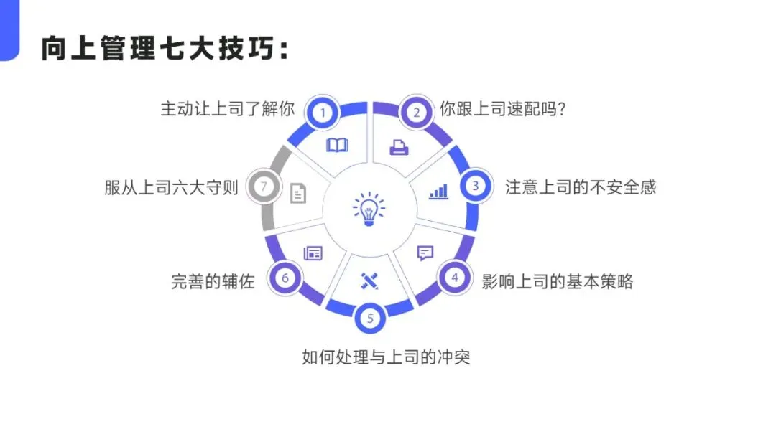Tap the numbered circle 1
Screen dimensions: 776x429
(323, 112)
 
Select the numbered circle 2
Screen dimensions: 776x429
(416, 112)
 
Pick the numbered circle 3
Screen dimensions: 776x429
(475, 186)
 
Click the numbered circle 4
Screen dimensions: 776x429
(454, 278)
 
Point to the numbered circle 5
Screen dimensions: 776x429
(370, 319)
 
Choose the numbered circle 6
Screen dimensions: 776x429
(285, 278)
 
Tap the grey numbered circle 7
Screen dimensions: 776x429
(264, 187)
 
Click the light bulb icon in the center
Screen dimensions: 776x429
(369, 209)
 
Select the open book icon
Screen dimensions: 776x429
(337, 146)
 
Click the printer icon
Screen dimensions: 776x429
(399, 148)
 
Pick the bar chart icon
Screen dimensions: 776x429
(438, 191)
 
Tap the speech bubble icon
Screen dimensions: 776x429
(425, 253)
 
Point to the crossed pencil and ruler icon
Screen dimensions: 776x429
(369, 280)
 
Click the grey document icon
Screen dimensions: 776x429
(298, 192)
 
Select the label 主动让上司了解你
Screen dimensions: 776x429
(227, 109)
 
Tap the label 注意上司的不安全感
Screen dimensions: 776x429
(581, 187)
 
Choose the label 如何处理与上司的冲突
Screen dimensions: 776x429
(386, 356)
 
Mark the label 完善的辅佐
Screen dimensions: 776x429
(213, 281)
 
